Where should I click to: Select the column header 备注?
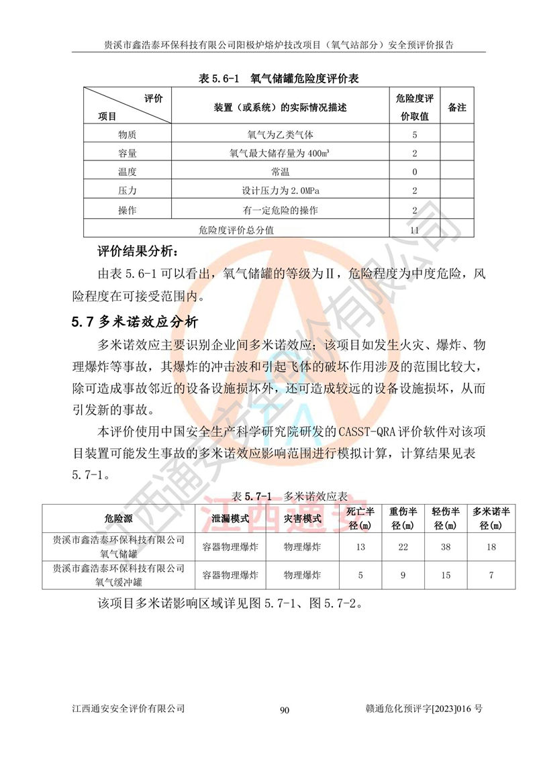(457, 107)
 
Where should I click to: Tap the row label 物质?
(127, 134)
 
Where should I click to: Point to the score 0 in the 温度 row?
(415, 172)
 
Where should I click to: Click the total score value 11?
(414, 230)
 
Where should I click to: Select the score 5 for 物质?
(415, 134)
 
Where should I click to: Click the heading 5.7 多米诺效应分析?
(135, 321)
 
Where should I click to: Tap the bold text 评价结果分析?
(138, 252)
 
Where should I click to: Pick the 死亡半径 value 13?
(360, 547)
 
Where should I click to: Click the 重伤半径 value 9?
(403, 575)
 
